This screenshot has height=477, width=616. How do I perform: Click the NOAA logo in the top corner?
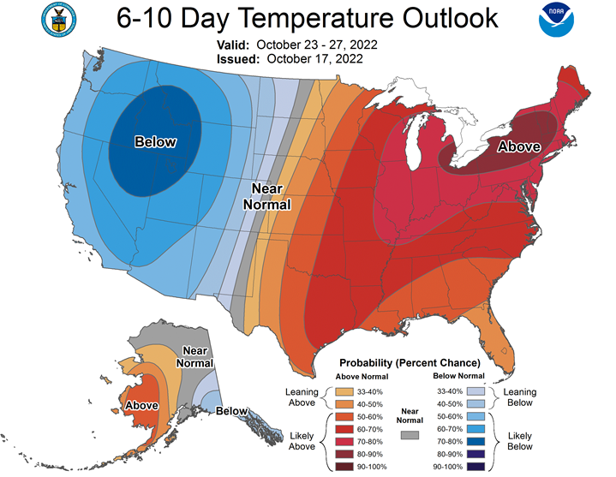[x=556, y=20]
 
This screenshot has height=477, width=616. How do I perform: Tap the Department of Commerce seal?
[x=59, y=20]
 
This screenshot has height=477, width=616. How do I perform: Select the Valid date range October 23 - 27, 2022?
[x=317, y=45]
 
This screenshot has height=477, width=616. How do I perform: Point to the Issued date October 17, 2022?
[x=314, y=59]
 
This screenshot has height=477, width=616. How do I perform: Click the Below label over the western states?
[x=156, y=141]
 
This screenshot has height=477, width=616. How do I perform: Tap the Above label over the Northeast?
[x=519, y=146]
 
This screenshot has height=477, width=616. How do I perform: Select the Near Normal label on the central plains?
[x=267, y=197]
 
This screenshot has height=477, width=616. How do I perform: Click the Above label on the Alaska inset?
[x=141, y=405]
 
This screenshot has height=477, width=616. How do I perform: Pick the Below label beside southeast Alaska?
[x=232, y=411]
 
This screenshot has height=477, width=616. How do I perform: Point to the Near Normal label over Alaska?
[x=194, y=357]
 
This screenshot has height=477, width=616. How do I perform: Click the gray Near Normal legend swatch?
[x=410, y=435]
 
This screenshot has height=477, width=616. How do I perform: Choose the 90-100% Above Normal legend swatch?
[x=344, y=467]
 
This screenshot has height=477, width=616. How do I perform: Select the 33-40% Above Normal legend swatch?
[x=344, y=392]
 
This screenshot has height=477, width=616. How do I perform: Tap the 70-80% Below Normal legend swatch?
[x=475, y=442]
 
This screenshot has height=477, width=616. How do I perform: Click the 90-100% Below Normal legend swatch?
[x=475, y=467]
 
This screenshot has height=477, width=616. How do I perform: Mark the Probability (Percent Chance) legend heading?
[x=410, y=363]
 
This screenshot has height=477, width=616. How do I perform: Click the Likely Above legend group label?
[x=302, y=441]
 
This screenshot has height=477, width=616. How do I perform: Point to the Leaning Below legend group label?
[x=520, y=397]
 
